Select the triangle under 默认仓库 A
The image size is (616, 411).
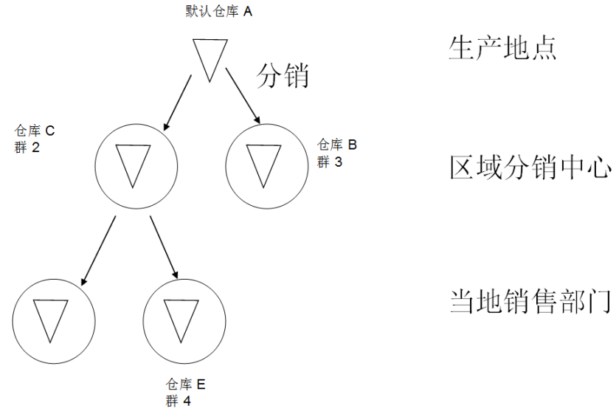click(x=210, y=59)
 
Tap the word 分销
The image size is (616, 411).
click(x=283, y=76)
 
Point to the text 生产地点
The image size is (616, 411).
click(x=502, y=48)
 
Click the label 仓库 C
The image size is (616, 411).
click(x=35, y=131)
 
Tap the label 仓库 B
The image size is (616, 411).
click(x=337, y=145)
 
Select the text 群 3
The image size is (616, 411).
click(x=330, y=162)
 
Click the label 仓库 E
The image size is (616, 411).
click(x=186, y=384)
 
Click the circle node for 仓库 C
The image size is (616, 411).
click(x=136, y=165)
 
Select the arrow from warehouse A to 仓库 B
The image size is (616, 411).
click(x=243, y=96)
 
